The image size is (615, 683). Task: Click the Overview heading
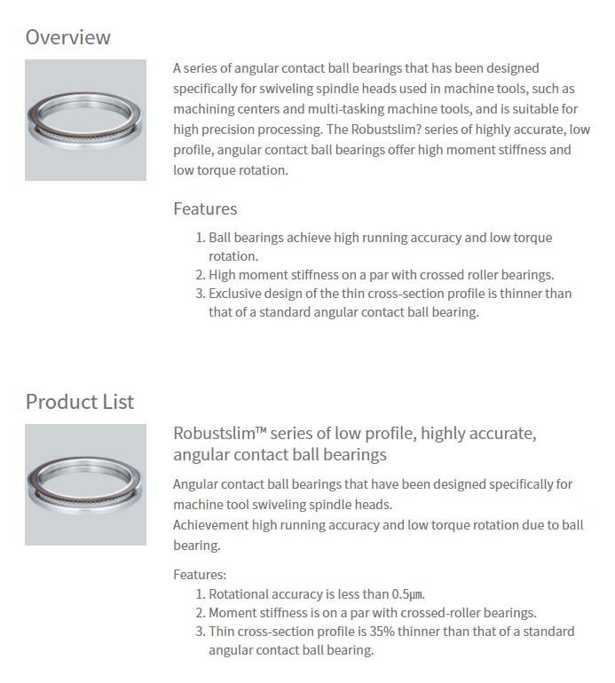pyautogui.click(x=68, y=37)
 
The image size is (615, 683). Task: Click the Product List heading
pyautogui.click(x=80, y=402)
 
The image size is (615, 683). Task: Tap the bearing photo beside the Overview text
pyautogui.click(x=85, y=120)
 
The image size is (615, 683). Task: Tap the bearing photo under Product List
pyautogui.click(x=85, y=484)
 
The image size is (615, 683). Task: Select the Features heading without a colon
pyautogui.click(x=205, y=209)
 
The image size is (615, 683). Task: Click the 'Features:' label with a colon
pyautogui.click(x=200, y=575)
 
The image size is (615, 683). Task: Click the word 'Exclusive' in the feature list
pyautogui.click(x=236, y=294)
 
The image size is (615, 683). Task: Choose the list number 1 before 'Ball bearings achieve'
pyautogui.click(x=200, y=239)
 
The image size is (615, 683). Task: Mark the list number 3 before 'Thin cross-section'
pyautogui.click(x=200, y=632)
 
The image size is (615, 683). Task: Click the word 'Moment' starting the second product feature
pyautogui.click(x=232, y=613)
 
